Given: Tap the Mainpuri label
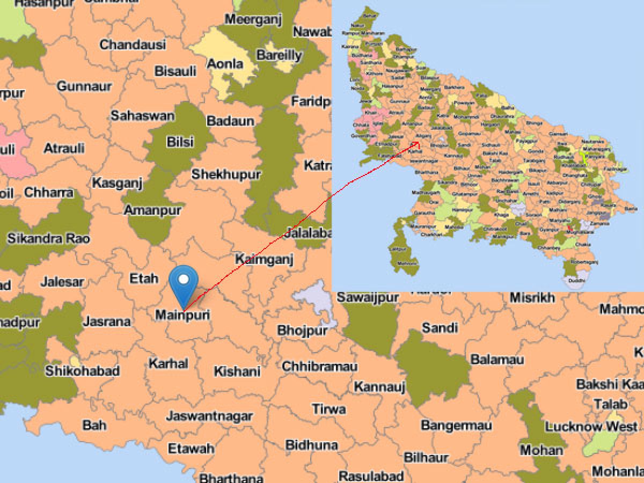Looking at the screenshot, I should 182,314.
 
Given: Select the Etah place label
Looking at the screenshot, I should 144,278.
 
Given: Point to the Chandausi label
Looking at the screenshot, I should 133,45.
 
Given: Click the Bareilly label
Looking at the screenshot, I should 279,55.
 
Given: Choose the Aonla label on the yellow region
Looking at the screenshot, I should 225,64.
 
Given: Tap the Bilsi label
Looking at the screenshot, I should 180,142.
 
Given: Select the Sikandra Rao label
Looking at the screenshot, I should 49,238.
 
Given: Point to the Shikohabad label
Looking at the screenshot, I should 82,370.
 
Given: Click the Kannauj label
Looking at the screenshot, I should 379,386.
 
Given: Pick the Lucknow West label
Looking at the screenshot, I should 591,427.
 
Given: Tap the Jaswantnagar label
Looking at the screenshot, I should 209,416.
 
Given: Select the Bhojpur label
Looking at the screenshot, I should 302,330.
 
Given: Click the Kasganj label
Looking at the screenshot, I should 117,183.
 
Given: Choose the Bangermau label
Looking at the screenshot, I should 456,426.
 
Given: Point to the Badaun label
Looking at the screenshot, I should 230,121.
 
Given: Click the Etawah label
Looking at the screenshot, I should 191,448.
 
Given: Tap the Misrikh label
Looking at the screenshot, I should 532,297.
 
